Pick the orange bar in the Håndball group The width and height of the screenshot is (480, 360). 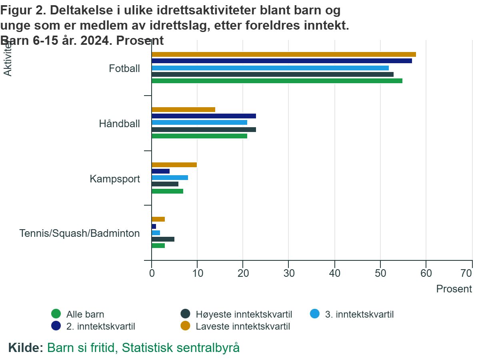tap(183, 110)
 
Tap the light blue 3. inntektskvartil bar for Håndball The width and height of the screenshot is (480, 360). tap(199, 122)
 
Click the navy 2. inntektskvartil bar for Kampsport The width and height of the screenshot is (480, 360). tap(160, 171)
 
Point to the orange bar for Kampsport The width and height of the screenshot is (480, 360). tap(174, 165)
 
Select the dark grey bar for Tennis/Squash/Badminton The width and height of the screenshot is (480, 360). tap(163, 239)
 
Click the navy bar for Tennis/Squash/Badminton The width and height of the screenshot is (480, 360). tap(154, 226)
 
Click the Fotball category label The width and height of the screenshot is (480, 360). tap(124, 68)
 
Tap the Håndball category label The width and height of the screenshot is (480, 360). tap(120, 124)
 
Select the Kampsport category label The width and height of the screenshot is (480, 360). tap(115, 179)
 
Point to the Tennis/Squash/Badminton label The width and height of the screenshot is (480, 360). tap(80, 233)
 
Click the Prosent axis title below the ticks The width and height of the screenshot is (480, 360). tap(454, 289)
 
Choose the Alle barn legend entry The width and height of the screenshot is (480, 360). tap(78, 314)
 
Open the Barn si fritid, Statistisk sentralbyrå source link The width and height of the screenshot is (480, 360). tap(143, 348)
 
